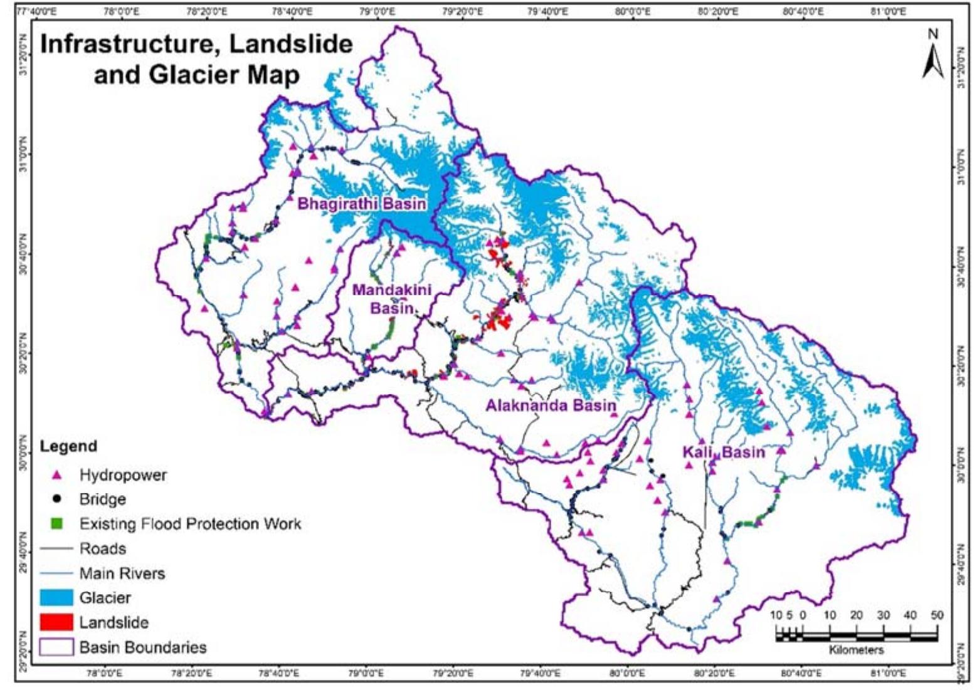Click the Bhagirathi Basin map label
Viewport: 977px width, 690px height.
point(362,204)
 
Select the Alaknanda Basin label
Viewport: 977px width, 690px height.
point(551,405)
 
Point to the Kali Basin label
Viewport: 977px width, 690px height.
point(724,452)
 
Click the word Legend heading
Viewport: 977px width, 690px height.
point(68,446)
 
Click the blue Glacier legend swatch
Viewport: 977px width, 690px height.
point(56,598)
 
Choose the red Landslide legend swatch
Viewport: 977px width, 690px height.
point(56,622)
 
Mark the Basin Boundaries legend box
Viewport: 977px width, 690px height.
point(56,647)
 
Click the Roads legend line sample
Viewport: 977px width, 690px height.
point(56,549)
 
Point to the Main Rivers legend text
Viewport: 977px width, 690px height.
point(122,573)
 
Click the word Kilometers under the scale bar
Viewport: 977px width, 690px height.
point(856,650)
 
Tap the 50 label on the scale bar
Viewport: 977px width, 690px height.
point(936,615)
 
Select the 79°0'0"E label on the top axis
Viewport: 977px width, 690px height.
point(377,11)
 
